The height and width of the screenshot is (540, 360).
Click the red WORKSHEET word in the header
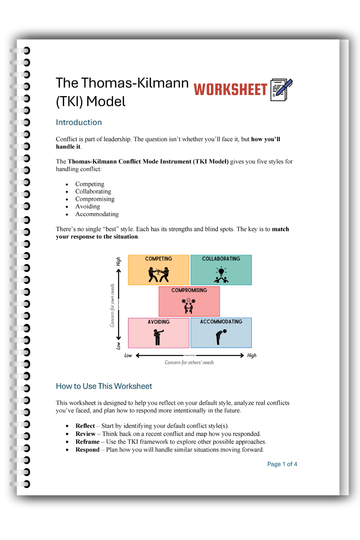[230, 90]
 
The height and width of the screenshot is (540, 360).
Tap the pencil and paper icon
[281, 90]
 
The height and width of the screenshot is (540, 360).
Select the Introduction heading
[79, 122]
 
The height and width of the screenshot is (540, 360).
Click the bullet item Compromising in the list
[95, 199]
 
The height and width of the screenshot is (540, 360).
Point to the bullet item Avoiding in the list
[87, 207]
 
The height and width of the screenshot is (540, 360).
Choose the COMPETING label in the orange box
[158, 259]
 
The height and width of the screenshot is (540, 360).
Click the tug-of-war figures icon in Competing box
[158, 275]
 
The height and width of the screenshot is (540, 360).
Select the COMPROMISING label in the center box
[189, 290]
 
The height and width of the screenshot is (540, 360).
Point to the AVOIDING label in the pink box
[158, 322]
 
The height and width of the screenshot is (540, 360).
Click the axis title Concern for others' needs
[189, 363]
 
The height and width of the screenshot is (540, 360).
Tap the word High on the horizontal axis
[252, 355]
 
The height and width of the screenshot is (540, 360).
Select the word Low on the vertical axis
[118, 346]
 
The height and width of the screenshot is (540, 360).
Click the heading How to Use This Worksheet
[104, 386]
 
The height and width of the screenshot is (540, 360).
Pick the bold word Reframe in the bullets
[87, 442]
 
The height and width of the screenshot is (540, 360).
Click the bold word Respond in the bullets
[87, 450]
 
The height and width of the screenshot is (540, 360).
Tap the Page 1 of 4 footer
[282, 464]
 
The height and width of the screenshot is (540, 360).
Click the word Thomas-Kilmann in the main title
[135, 83]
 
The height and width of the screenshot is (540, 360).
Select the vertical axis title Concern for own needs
[112, 305]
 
